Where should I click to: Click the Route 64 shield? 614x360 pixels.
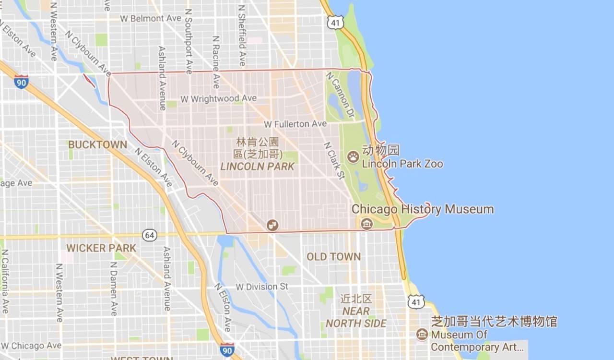click(x=150, y=235)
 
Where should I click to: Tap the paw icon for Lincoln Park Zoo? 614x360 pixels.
click(x=353, y=156)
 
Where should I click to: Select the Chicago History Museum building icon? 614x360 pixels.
click(x=366, y=223)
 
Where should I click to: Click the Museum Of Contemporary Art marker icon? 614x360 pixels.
click(x=422, y=334)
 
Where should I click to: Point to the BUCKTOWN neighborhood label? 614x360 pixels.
click(x=97, y=144)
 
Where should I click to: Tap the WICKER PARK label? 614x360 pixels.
click(x=101, y=248)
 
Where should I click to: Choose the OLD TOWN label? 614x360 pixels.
click(x=333, y=257)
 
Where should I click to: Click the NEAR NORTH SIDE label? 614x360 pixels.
click(x=356, y=317)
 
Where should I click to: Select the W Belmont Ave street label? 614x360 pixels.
click(x=151, y=18)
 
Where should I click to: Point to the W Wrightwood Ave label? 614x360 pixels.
click(x=218, y=99)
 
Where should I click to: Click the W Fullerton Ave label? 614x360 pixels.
click(x=295, y=124)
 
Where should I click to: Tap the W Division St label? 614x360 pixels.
click(x=262, y=287)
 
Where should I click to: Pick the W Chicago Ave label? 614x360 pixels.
click(x=31, y=346)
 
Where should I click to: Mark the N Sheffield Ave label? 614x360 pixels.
click(x=242, y=36)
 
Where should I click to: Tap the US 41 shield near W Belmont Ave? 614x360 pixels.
click(x=336, y=22)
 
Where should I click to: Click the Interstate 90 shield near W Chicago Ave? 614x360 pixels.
click(x=227, y=349)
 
